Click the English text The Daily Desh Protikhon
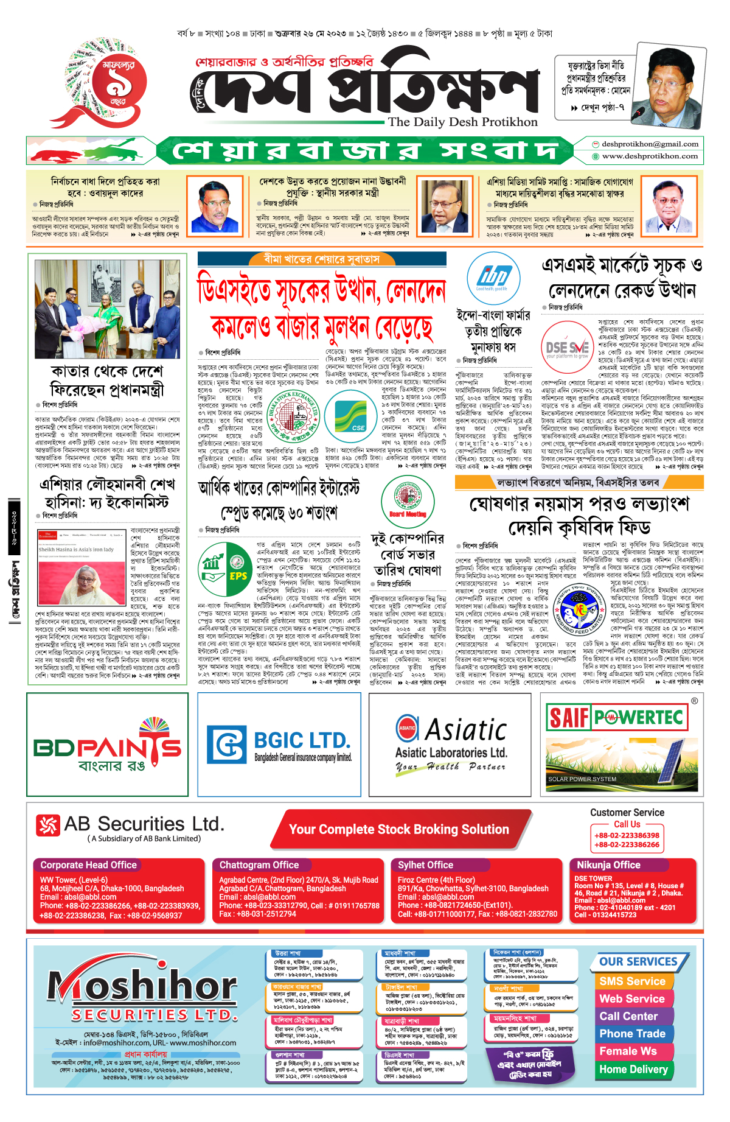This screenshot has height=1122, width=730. (x=462, y=122)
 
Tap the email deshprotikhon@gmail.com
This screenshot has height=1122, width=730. (x=649, y=144)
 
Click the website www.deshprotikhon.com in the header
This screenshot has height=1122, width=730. (x=649, y=156)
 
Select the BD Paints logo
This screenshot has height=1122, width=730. (x=107, y=746)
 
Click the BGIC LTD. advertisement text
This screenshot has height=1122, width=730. (x=302, y=741)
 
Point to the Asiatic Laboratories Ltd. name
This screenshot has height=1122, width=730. (x=451, y=752)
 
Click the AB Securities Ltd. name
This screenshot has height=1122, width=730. (x=144, y=824)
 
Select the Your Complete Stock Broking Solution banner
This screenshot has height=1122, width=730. (x=398, y=829)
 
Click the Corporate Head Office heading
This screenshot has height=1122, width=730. (x=89, y=865)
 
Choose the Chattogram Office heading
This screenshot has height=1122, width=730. (x=259, y=865)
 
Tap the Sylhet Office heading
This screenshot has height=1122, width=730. (x=425, y=865)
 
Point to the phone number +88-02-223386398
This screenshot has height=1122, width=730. (x=627, y=835)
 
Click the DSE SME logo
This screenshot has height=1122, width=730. (x=567, y=348)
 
